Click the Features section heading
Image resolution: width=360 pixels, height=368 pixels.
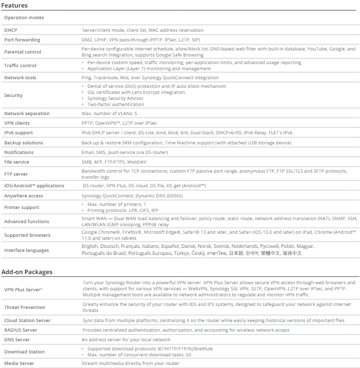coord(15,6)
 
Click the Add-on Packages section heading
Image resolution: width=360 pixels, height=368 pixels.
coord(27,272)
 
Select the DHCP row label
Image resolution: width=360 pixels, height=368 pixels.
coord(11,30)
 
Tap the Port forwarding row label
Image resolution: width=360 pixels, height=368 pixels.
coord(22,40)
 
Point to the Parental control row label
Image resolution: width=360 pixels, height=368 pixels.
coord(23,52)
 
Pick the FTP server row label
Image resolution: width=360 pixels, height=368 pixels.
coord(16,174)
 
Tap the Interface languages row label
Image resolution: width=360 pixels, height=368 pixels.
coord(27,250)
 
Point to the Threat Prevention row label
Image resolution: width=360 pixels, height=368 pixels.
coord(25,307)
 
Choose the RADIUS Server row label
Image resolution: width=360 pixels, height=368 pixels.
coord(21,330)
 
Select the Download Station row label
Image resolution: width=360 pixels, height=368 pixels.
coord(24,351)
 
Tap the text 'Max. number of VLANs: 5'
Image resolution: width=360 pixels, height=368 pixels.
coord(110,114)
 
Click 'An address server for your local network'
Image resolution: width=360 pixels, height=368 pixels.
coord(126,340)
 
